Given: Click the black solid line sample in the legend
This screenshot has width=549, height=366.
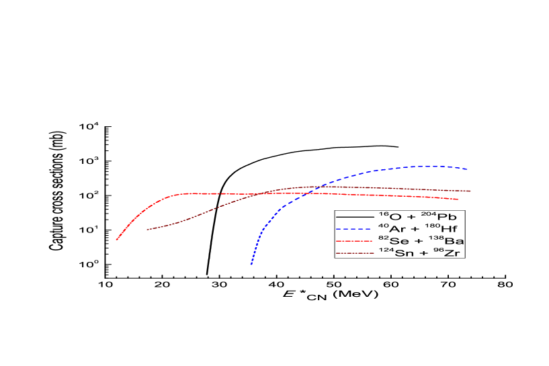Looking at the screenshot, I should [354, 217].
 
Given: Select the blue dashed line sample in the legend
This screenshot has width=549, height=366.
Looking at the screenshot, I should [354, 229].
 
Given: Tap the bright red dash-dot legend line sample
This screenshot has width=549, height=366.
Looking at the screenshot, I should [354, 241].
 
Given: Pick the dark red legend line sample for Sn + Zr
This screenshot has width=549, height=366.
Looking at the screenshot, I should [354, 253].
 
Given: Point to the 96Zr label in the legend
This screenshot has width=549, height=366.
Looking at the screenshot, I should [444, 253].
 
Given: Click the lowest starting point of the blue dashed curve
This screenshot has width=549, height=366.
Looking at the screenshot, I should [251, 265].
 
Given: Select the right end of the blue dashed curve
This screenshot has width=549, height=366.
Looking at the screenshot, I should [467, 169].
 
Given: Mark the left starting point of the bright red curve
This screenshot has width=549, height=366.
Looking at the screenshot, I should [116, 240].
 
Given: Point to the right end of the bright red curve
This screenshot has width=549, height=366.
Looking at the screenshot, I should [459, 199].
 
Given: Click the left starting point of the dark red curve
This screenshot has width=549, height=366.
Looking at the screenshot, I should [147, 230].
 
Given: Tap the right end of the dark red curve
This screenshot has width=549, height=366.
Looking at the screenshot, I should [472, 191].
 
